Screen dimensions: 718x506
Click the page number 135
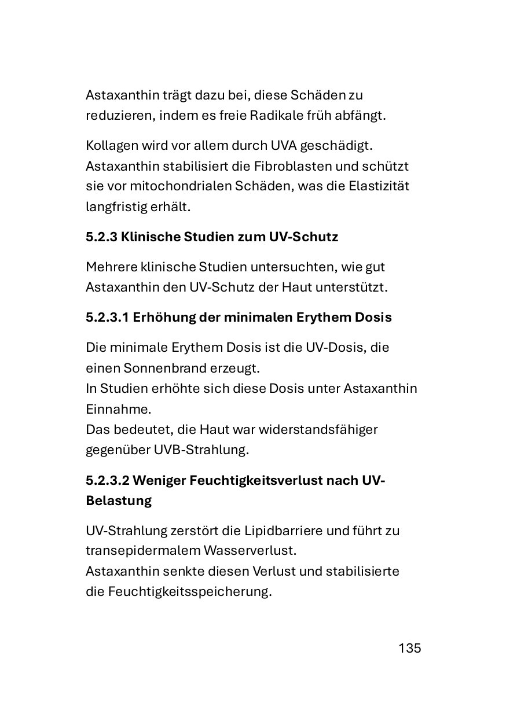coord(409,648)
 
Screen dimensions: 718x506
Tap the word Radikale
coord(276,115)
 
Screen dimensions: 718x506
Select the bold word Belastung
coord(119,501)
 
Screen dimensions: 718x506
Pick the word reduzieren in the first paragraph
coord(119,115)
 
